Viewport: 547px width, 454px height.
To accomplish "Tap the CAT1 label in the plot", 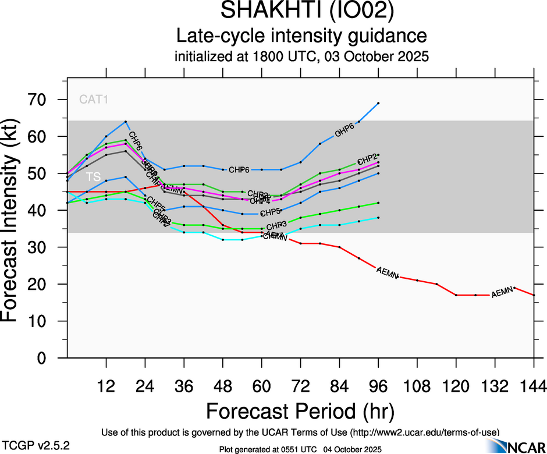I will click(x=94, y=100).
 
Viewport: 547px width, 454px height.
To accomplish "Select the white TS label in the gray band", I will click(x=93, y=176).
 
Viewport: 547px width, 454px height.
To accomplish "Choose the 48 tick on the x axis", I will click(x=223, y=385).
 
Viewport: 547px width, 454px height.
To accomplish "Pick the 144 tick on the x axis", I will click(x=533, y=385).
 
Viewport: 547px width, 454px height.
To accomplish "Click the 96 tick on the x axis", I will click(x=378, y=385).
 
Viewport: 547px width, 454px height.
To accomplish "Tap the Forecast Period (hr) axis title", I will click(x=300, y=412).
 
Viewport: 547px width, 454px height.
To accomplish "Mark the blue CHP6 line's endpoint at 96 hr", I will click(x=378, y=103).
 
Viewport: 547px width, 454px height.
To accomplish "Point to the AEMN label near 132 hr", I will click(x=502, y=293).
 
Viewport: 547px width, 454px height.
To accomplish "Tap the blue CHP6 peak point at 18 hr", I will click(x=126, y=122).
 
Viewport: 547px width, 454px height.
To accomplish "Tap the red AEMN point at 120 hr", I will click(x=456, y=295).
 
